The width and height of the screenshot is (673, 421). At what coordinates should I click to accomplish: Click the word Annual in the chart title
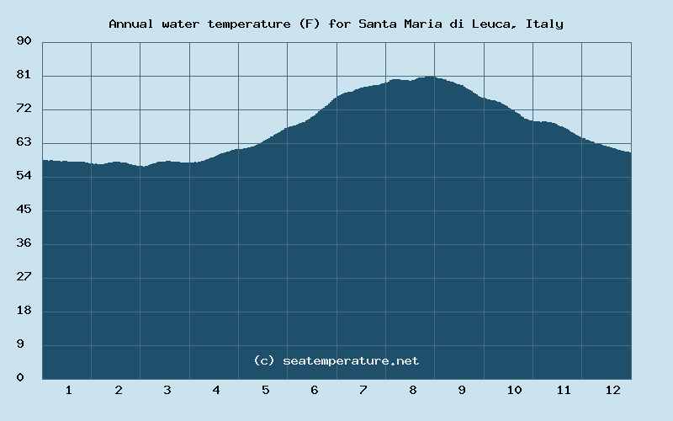(130, 24)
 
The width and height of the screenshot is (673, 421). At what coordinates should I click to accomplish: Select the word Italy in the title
(544, 24)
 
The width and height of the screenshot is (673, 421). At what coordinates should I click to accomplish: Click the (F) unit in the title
(309, 24)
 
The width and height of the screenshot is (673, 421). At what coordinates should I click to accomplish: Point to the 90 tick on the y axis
(24, 41)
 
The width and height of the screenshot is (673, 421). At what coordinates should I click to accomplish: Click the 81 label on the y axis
(24, 75)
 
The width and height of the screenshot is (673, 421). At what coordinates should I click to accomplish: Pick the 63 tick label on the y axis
(24, 142)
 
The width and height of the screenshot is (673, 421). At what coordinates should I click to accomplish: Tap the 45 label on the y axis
(24, 210)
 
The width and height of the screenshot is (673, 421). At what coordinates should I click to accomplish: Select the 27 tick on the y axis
(24, 277)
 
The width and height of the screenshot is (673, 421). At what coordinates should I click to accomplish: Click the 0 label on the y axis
(20, 378)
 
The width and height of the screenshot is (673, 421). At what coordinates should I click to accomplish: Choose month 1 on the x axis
(68, 390)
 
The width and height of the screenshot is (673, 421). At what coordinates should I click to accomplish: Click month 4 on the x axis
(216, 390)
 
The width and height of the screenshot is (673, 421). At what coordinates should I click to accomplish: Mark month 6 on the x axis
(315, 390)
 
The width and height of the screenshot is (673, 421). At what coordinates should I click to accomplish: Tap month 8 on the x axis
(413, 390)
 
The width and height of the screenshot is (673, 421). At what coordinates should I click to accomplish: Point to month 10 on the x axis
(514, 390)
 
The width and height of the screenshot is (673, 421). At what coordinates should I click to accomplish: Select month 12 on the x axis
(612, 390)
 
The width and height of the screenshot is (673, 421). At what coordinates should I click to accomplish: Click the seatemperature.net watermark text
(351, 360)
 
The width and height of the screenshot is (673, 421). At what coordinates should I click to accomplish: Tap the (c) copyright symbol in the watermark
(264, 360)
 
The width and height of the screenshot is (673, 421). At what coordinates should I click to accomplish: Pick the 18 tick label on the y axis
(24, 311)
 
